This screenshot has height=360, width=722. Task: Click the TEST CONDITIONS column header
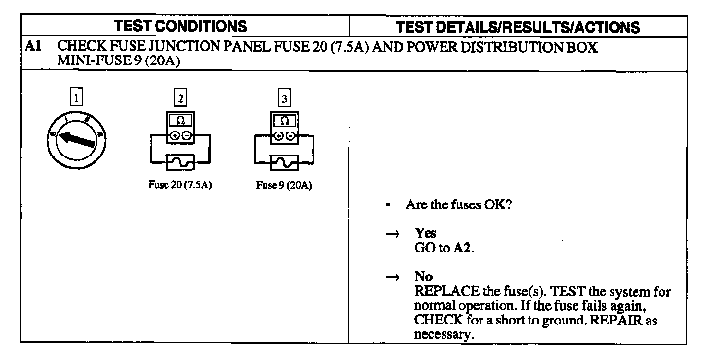[184, 26]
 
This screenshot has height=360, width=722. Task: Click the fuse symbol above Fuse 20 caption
[180, 163]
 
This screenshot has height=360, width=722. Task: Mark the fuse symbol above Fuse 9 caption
[284, 163]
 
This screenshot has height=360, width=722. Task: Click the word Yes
[426, 233]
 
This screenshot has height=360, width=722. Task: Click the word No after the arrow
[423, 276]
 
